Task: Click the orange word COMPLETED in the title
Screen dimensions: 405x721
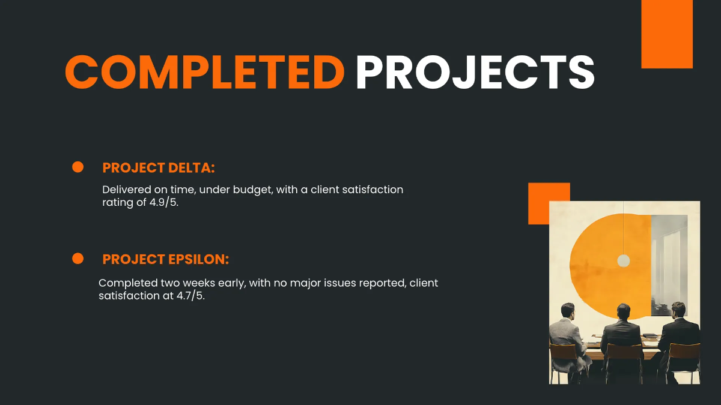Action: coord(204,73)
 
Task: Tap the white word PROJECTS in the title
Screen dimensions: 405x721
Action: coord(475,73)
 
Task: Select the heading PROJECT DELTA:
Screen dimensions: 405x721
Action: coord(159,168)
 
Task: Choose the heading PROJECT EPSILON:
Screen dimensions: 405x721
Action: coord(166,259)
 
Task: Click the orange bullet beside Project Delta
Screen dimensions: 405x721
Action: coord(78,167)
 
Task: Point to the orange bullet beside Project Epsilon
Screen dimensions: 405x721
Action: coord(78,259)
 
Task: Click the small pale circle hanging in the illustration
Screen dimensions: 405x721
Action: coord(624,260)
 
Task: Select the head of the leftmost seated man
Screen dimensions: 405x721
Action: coord(568,311)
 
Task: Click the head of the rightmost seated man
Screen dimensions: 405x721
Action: coord(678,310)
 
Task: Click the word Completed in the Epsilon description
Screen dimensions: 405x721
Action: coord(128,283)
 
